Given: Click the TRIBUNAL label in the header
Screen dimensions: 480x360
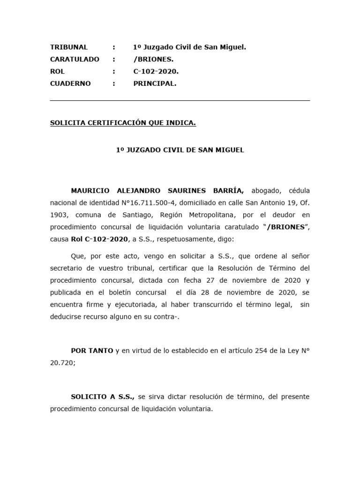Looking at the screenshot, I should tap(69, 47).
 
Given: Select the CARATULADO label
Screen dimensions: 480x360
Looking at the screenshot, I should tap(75, 59).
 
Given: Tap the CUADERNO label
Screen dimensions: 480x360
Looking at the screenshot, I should tap(70, 83).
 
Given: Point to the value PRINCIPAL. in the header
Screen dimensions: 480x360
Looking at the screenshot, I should tap(155, 83).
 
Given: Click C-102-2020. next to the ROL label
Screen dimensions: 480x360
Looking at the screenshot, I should tap(156, 71).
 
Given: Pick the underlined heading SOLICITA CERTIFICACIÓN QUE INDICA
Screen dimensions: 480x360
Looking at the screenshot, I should tap(123, 123).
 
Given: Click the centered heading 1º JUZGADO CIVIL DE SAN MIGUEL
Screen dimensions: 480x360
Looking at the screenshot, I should tap(180, 150).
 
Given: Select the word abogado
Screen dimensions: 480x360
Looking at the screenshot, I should tap(266, 191).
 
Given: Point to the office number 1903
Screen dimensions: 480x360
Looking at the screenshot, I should tap(59, 215).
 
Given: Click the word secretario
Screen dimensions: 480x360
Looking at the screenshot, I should tap(67, 268).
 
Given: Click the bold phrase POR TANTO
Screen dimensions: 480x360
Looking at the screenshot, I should tap(92, 351).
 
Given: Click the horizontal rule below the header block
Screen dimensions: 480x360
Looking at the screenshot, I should tap(180, 100).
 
